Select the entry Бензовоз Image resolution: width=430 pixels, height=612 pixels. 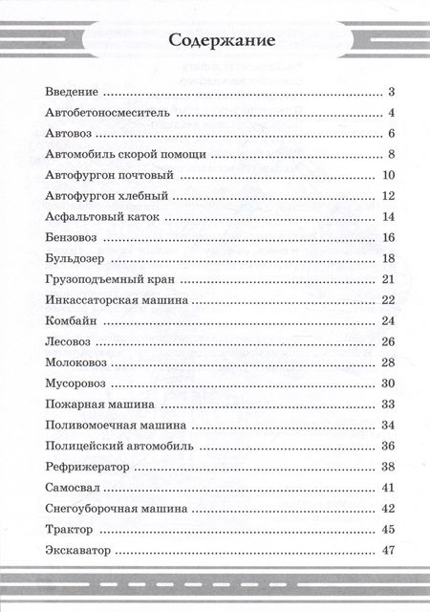[71, 238]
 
